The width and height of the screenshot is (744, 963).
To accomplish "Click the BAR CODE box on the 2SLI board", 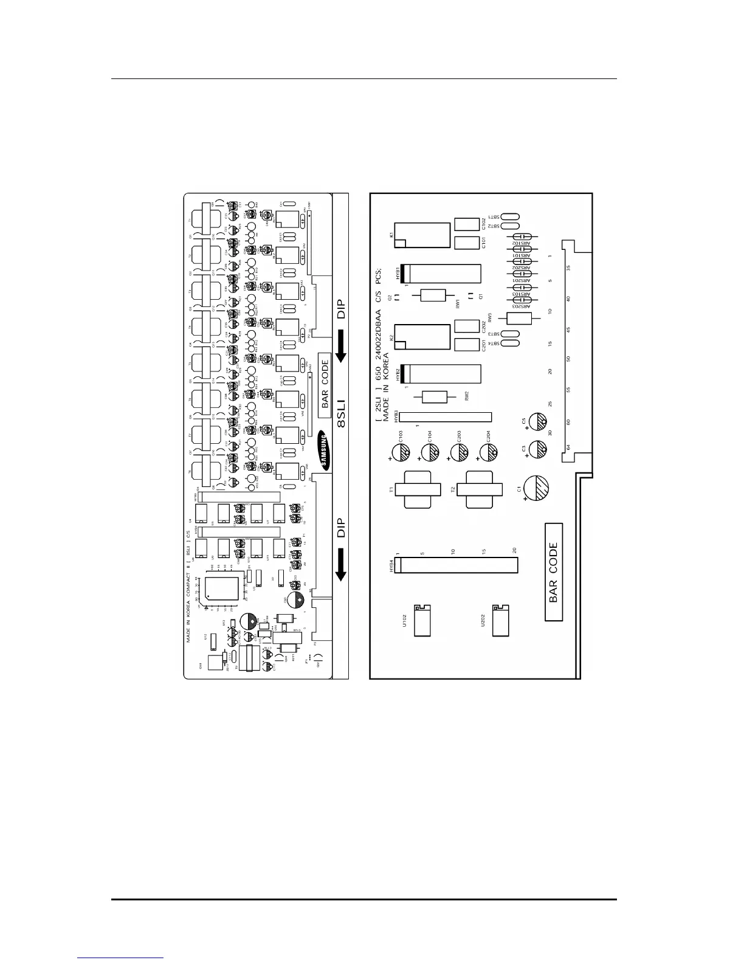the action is (553, 572).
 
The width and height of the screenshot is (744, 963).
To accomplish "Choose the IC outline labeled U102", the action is (422, 620).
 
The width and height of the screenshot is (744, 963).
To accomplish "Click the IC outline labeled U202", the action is (501, 620).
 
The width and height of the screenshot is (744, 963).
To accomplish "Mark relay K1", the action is (422, 235).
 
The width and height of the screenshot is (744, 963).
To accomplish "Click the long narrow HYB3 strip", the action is (444, 417).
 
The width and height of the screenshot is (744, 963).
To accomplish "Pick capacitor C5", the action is (539, 422).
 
